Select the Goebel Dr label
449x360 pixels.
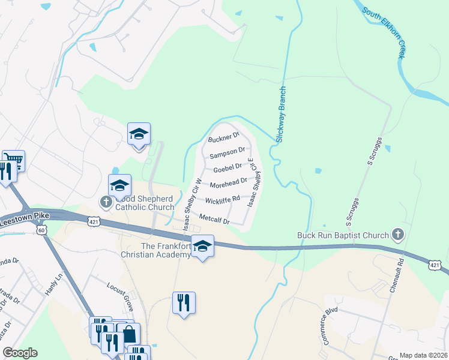point(228,167)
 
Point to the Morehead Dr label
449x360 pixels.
point(229,182)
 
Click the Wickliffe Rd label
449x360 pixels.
point(222,199)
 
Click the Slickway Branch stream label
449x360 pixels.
point(280,114)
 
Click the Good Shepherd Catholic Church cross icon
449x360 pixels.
point(106,201)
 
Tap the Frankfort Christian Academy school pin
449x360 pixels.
point(203,247)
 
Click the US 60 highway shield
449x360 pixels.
point(41,230)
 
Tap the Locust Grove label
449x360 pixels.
point(119,288)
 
